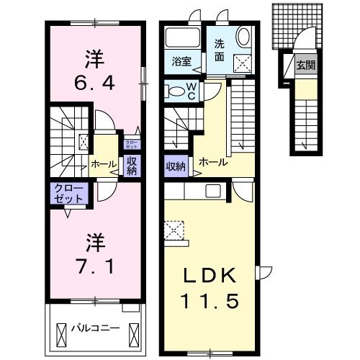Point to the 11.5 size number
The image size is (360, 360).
click(x=209, y=300)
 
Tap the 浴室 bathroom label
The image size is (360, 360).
click(x=180, y=61)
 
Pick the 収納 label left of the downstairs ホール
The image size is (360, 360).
click(x=175, y=167)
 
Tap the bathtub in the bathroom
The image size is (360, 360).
click(x=182, y=37)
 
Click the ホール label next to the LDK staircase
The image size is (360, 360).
click(x=213, y=162)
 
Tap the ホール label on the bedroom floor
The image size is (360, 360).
click(x=104, y=165)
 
